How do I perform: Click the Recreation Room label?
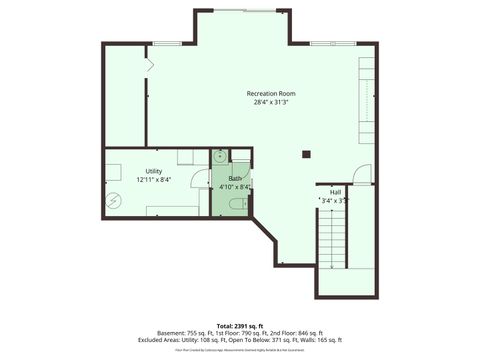click(271, 94)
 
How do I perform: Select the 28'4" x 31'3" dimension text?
click(271, 103)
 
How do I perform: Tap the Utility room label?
click(153, 171)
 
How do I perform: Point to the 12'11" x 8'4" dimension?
click(153, 180)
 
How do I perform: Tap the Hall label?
click(335, 191)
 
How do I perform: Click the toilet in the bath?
click(235, 204)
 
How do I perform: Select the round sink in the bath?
click(219, 156)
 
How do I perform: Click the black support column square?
click(307, 154)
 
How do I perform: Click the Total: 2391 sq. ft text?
click(240, 326)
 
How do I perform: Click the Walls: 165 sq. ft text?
click(321, 340)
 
